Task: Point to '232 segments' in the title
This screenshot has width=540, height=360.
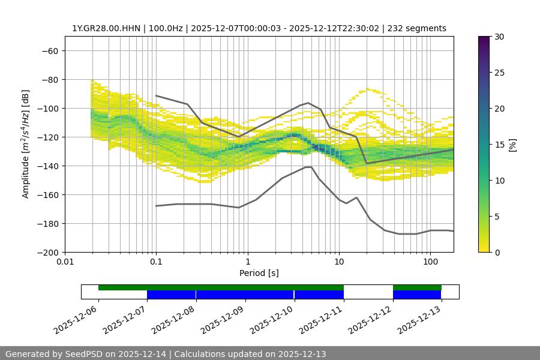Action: (x=417, y=28)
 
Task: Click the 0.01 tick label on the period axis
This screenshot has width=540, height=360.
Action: (x=65, y=262)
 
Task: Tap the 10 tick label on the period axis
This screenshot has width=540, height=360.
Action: (x=339, y=262)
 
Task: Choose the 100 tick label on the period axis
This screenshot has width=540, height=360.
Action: (x=430, y=262)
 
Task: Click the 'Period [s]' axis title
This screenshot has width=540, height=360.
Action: (x=259, y=273)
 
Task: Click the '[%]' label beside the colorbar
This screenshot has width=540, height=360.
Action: (x=512, y=145)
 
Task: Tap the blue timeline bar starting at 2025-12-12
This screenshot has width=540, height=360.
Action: (x=417, y=295)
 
